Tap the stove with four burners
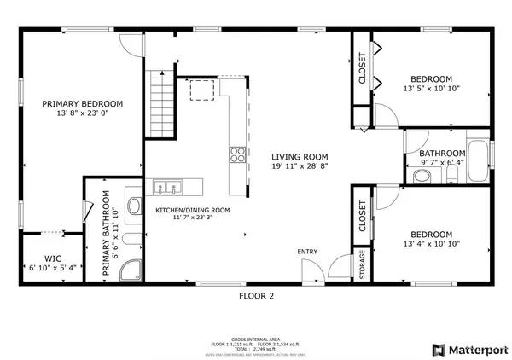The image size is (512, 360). pyautogui.click(x=236, y=154)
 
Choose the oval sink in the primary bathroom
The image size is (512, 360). pyautogui.click(x=133, y=206)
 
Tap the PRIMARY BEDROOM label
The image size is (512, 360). pyautogui.click(x=83, y=103)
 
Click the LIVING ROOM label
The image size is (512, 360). pyautogui.click(x=300, y=156)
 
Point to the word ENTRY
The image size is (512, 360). pyautogui.click(x=307, y=252)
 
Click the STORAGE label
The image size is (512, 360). pyautogui.click(x=362, y=266)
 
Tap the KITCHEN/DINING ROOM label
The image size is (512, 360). pyautogui.click(x=192, y=210)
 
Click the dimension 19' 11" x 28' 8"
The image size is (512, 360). pyautogui.click(x=300, y=166)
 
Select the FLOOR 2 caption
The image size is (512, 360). pyautogui.click(x=256, y=296)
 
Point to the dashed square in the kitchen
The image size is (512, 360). pyautogui.click(x=202, y=90)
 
